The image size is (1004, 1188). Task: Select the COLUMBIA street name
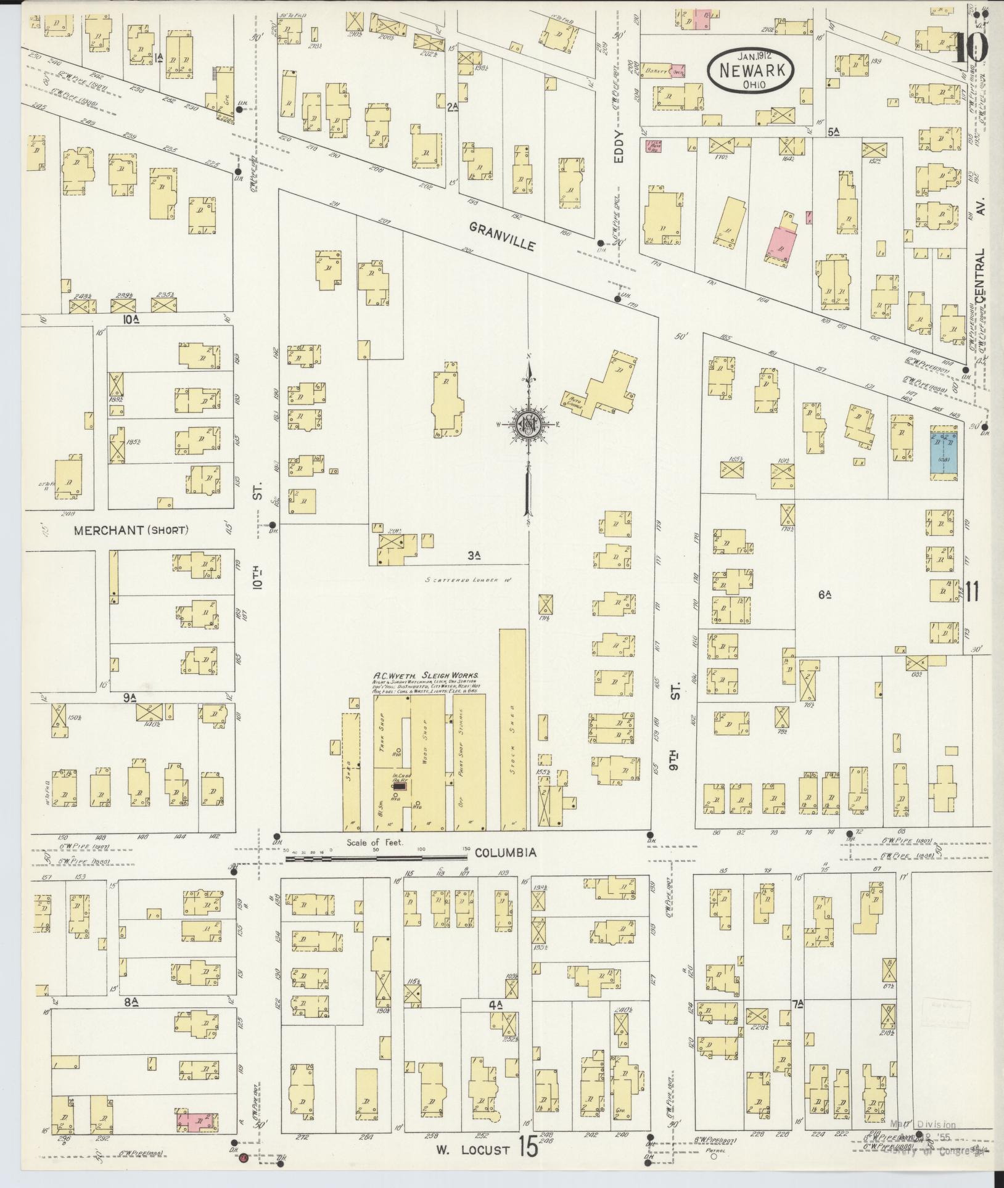(505, 853)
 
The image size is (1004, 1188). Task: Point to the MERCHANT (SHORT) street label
(131, 530)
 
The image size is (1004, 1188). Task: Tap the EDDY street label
(619, 147)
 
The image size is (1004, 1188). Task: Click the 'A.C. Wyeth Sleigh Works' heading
(426, 676)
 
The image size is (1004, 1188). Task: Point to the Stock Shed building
(512, 727)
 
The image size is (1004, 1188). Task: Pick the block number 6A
(825, 594)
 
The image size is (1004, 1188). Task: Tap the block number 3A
(474, 555)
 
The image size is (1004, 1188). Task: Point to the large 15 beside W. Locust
(528, 1148)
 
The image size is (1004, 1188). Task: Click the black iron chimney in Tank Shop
(400, 786)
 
